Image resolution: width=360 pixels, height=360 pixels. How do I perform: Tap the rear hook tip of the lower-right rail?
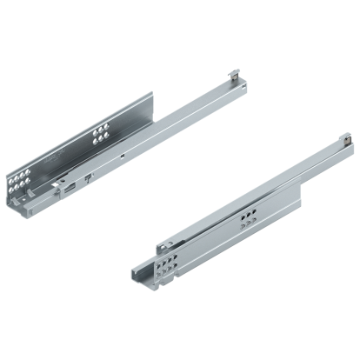[x=343, y=137]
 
